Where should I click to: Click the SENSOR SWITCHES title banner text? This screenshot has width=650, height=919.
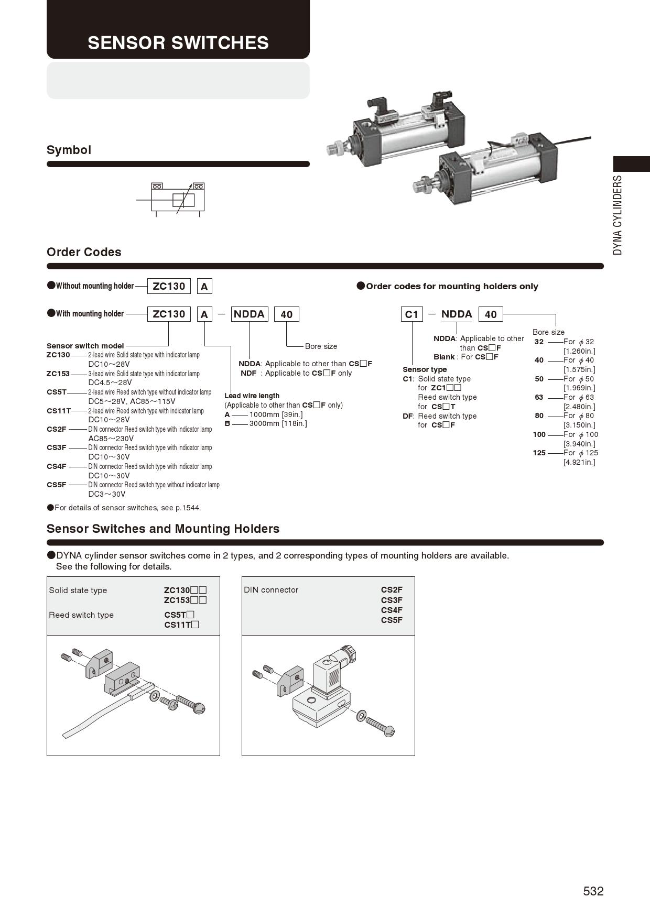[x=178, y=43]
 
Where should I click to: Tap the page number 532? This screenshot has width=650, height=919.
[x=593, y=891]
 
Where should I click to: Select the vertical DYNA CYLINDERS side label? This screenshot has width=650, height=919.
[x=618, y=215]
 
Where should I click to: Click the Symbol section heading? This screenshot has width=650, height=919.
[x=69, y=150]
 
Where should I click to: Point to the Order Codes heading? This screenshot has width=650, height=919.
[x=84, y=252]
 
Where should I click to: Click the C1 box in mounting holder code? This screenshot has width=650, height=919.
[x=412, y=314]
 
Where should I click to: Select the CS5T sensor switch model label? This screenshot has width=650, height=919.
[x=57, y=392]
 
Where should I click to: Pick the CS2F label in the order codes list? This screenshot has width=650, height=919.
[x=57, y=429]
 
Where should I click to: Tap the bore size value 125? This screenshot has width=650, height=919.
[x=539, y=453]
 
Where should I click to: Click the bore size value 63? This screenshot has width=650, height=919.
[x=539, y=397]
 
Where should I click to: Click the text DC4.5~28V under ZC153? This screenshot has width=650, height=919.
[x=110, y=382]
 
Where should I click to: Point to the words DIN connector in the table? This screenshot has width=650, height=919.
[x=271, y=590]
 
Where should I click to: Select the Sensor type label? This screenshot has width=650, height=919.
[x=425, y=369]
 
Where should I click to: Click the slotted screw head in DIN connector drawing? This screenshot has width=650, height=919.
[x=388, y=731]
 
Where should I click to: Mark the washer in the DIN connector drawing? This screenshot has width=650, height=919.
[x=361, y=716]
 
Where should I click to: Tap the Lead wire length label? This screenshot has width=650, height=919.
[x=252, y=396]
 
